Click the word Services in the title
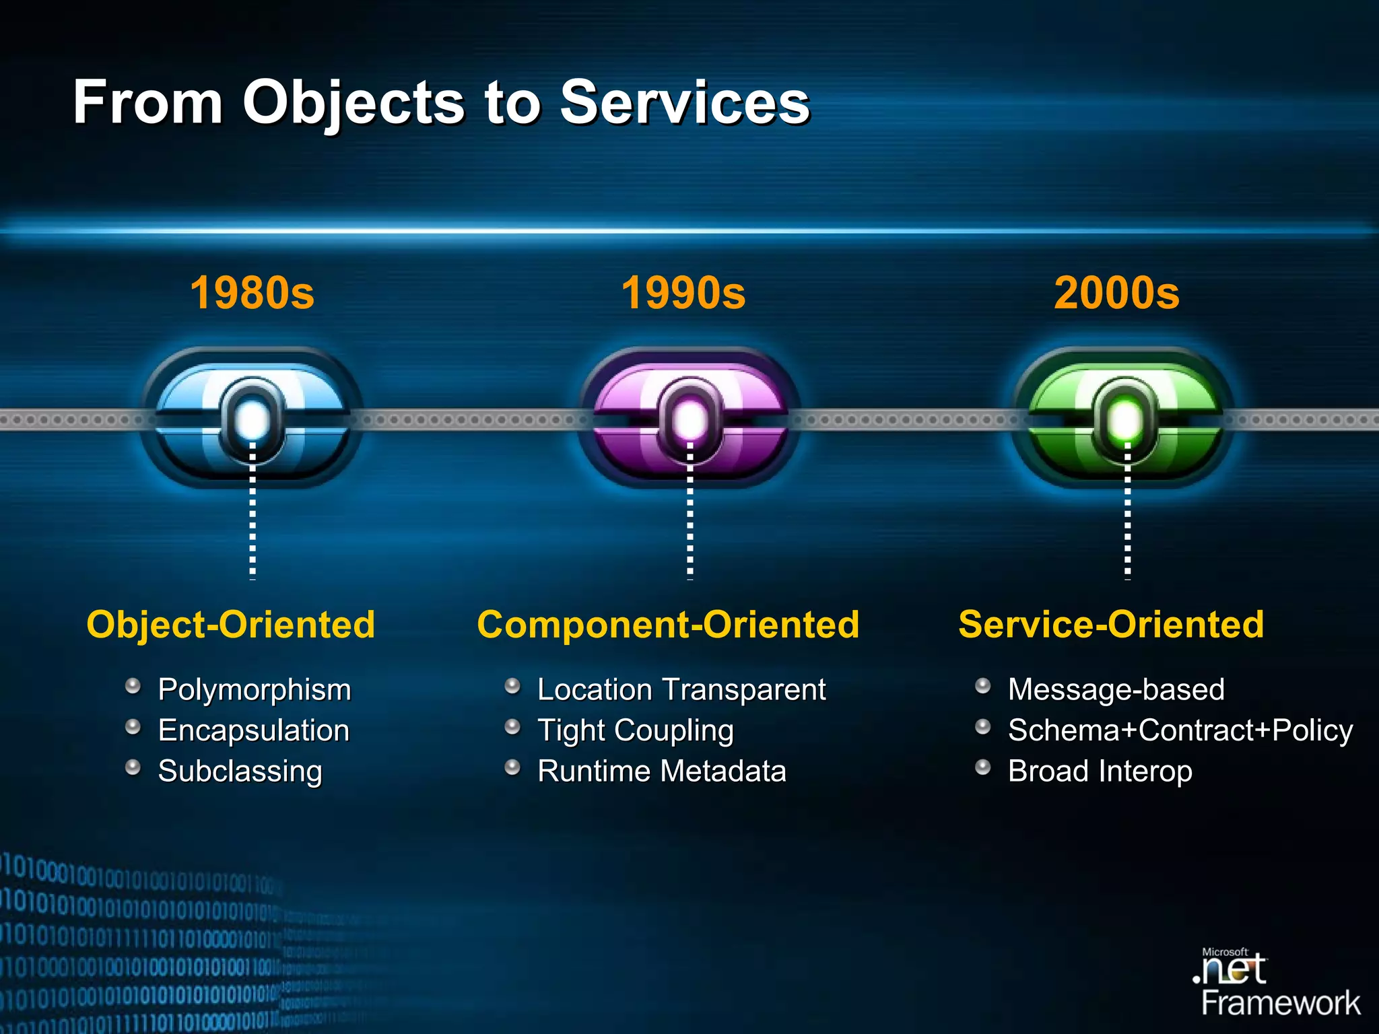tap(685, 102)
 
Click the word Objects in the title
tap(353, 102)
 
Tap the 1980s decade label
tap(252, 293)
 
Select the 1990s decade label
tap(683, 293)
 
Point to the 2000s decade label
tap(1116, 293)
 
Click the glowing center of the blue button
tap(253, 419)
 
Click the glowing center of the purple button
tap(689, 419)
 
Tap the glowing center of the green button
tap(1125, 419)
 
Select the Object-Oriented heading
tap(230, 624)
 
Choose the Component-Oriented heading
tap(668, 624)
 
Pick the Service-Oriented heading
tap(1111, 624)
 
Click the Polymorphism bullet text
tap(255, 689)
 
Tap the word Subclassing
tap(240, 771)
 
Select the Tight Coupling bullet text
tap(635, 730)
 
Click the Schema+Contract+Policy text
tap(1180, 730)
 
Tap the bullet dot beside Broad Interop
tap(983, 767)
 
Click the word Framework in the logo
tap(1281, 1003)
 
